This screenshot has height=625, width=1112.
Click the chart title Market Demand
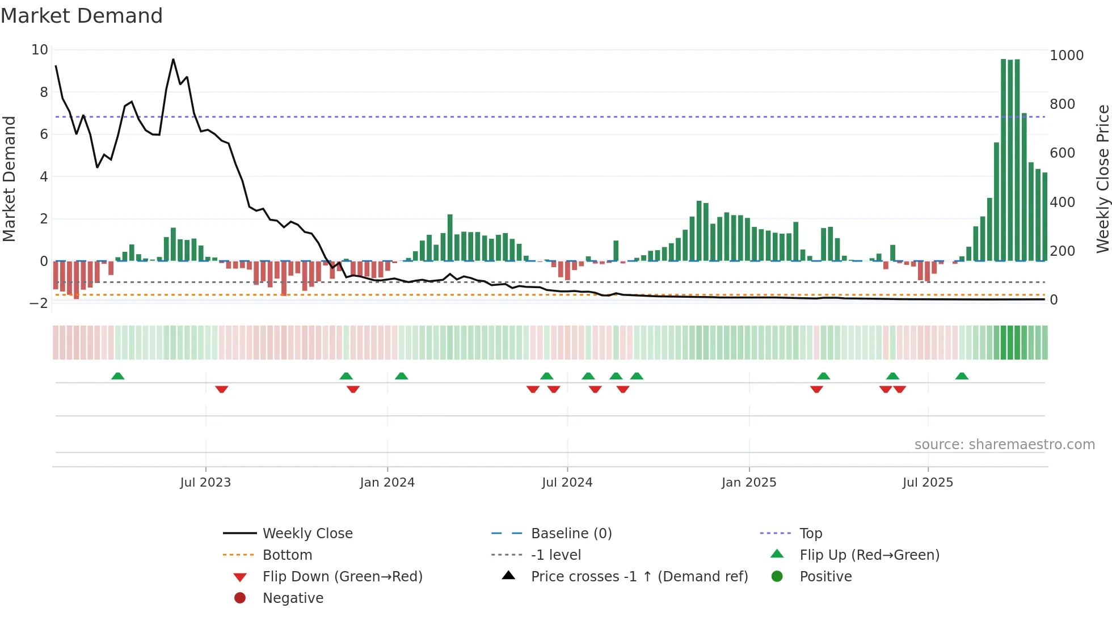[82, 16]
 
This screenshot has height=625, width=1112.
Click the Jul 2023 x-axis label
[205, 483]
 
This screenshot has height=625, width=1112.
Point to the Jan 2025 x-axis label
[749, 483]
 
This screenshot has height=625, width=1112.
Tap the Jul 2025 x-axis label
[928, 483]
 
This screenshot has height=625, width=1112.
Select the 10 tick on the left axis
[40, 50]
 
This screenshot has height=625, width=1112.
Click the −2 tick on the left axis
[39, 303]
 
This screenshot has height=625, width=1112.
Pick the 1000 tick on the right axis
[1067, 56]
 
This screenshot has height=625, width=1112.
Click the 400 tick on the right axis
[1062, 202]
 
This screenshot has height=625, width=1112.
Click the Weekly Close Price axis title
[1102, 179]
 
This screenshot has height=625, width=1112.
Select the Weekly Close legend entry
[307, 534]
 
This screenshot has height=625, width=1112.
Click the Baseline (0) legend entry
[571, 534]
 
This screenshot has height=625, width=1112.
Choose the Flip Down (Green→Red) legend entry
[342, 577]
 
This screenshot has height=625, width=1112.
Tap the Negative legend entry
[293, 598]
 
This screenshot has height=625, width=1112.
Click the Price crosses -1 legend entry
[639, 577]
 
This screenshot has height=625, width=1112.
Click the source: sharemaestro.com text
[1004, 445]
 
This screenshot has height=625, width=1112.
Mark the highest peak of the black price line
[173, 59]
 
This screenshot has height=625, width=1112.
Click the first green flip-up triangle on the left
[118, 376]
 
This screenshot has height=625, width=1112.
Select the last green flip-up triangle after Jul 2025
[962, 376]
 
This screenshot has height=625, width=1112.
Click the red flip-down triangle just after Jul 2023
[222, 389]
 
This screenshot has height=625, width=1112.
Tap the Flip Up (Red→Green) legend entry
[869, 555]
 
